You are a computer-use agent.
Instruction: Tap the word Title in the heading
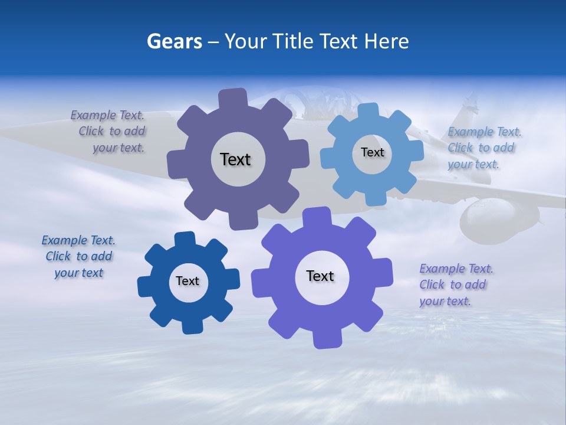click(295, 41)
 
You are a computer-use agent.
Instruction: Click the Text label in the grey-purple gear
click(235, 159)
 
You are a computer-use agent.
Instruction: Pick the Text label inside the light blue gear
click(372, 152)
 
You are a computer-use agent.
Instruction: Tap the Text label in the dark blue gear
click(187, 281)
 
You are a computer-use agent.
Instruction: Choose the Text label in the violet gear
click(320, 276)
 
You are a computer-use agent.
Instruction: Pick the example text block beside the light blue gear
click(483, 148)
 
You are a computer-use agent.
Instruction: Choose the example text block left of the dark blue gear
click(79, 256)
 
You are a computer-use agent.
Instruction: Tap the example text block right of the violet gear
click(455, 285)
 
